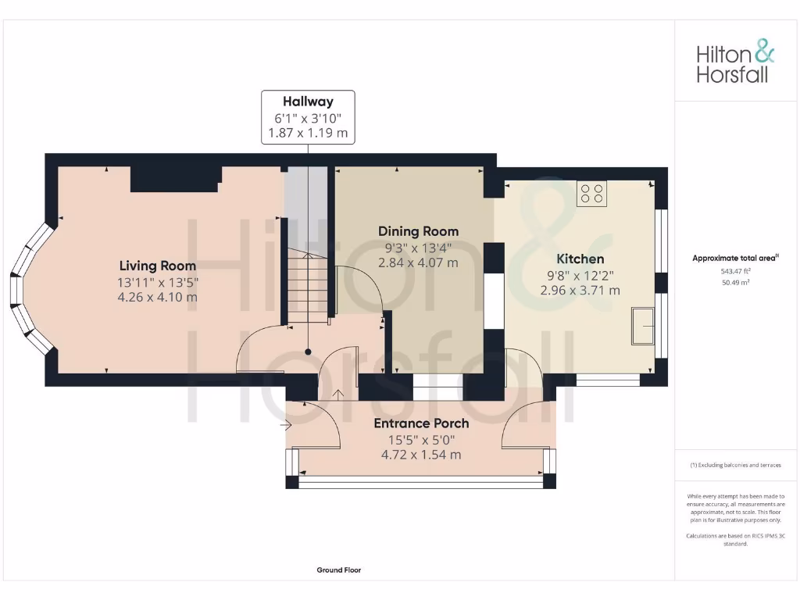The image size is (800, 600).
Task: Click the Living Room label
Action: coord(157,266)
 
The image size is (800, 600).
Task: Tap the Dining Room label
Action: coord(418,231)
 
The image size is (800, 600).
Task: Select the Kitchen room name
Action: coord(580,259)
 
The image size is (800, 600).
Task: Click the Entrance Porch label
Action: coord(421,423)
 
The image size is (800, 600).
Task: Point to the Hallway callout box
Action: coord(308,117)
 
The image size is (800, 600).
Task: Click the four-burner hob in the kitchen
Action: coord(591,193)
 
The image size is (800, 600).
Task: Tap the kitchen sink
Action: coord(644,326)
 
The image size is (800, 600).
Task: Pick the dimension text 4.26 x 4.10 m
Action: coord(157,297)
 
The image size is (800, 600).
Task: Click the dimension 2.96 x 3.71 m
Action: coord(580,290)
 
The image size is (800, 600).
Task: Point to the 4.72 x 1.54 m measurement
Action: coord(421,454)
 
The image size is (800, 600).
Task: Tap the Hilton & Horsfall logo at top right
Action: coord(735,63)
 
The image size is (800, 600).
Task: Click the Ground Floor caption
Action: coord(338,570)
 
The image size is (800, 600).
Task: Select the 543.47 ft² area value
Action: coord(735,270)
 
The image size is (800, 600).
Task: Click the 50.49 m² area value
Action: coord(735,282)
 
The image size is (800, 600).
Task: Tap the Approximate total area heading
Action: coord(735,258)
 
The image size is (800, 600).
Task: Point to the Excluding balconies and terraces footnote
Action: coord(735,465)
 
